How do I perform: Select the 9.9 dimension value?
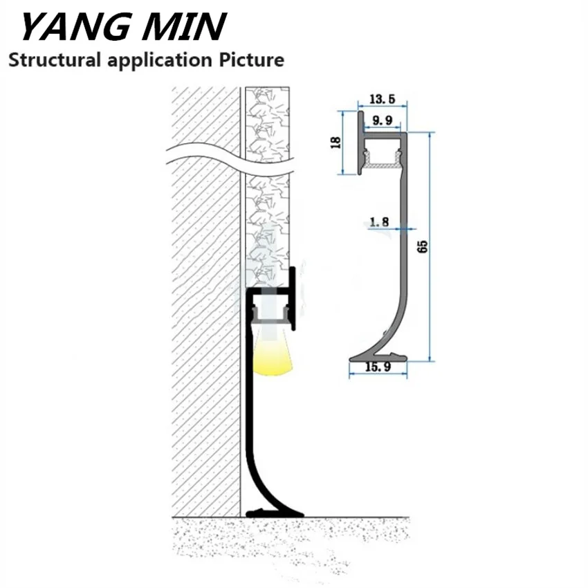point(382,122)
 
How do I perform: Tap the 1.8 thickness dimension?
point(380,222)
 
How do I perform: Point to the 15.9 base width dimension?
point(378,367)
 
